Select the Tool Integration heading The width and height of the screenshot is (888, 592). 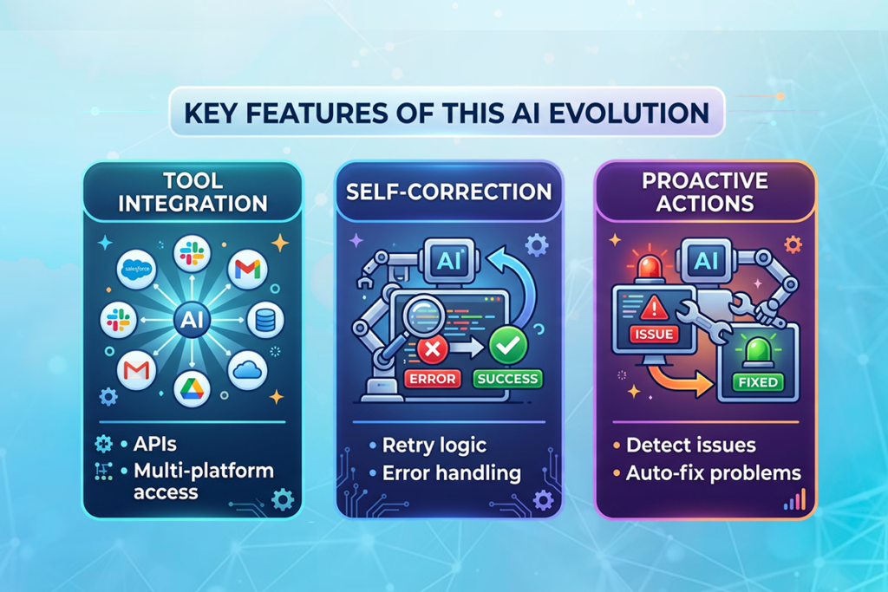tap(193, 192)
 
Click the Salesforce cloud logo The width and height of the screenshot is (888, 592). tap(137, 269)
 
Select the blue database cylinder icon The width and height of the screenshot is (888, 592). tap(265, 320)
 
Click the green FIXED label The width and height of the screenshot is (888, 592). tap(757, 381)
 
